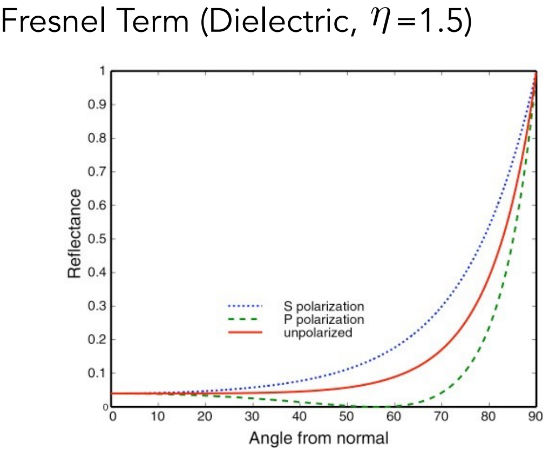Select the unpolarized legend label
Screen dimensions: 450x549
point(317,332)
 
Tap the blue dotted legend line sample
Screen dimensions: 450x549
point(243,307)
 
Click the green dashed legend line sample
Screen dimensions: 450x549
point(243,319)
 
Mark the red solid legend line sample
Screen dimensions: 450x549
point(243,332)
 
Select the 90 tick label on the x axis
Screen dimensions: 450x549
point(535,417)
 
